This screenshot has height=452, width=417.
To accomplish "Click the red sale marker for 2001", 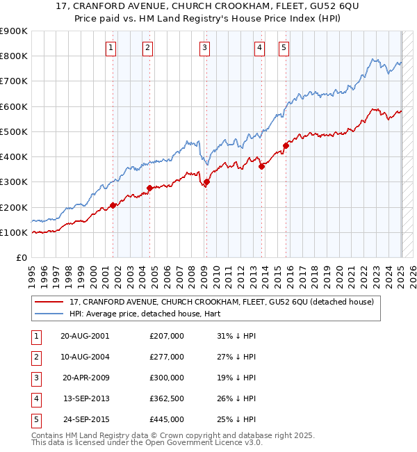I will [x=113, y=206].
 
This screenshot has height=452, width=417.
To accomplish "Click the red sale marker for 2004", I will [x=149, y=188].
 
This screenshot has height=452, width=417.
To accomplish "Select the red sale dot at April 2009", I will [x=206, y=182].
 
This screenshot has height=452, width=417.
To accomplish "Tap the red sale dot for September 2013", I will [x=261, y=166].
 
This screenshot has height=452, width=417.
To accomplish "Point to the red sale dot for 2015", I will [x=286, y=145].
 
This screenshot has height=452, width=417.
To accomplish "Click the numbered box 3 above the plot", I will [x=205, y=48].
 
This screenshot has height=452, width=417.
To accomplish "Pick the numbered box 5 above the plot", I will [x=284, y=48].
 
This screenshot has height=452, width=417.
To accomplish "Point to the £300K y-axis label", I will [x=14, y=182].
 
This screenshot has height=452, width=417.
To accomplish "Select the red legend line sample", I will [x=49, y=302].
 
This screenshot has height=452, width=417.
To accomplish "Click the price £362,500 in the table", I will [x=167, y=400].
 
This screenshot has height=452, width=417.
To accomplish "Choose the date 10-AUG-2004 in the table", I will [x=84, y=357].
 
